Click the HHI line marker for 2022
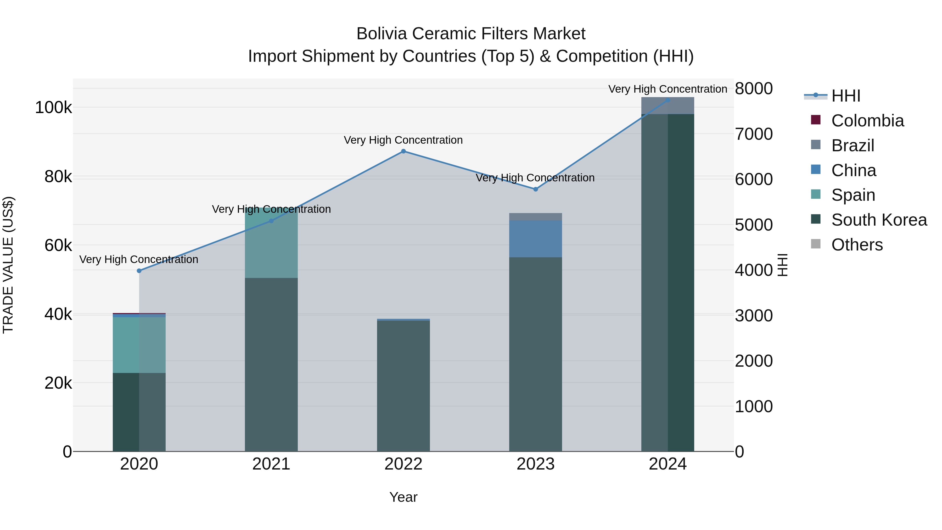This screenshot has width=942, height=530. coord(403,151)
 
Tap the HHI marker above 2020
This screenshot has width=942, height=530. coord(139,271)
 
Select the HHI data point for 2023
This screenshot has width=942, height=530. coord(535,189)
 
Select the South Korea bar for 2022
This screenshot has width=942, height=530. coord(403,386)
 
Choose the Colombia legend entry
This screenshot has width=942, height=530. coord(867,121)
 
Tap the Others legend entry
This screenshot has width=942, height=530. coord(856,245)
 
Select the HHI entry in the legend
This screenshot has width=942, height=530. coord(845,96)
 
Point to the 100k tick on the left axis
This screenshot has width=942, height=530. coord(53,108)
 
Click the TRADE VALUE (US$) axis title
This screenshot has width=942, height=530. coord(8,265)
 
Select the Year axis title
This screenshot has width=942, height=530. coord(403,497)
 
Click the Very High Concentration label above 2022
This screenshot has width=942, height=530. coord(403,140)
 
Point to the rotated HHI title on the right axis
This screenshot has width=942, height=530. coord(782,265)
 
